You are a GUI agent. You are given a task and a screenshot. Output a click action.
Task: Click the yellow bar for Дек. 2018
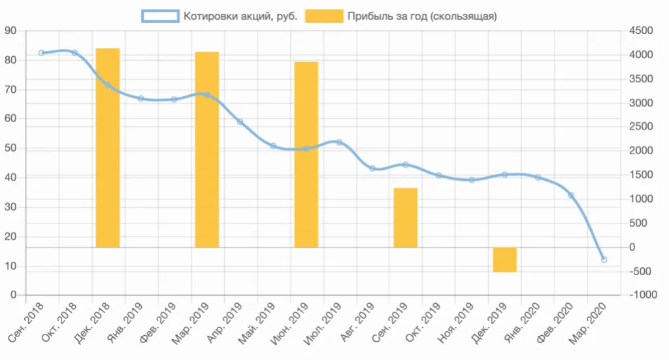point(108,148)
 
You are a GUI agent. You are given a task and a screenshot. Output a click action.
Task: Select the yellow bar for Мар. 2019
point(207,149)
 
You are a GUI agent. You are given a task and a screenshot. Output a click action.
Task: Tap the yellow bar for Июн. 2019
point(306,154)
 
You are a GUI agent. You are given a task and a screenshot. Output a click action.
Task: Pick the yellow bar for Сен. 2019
point(405,218)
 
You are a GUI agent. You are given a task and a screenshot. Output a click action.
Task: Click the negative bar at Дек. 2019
point(504,259)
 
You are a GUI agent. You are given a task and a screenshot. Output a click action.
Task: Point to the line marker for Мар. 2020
point(604,260)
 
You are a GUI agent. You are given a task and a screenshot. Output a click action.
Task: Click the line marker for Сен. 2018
point(41,53)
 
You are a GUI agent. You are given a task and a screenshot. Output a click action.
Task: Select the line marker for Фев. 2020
point(571,195)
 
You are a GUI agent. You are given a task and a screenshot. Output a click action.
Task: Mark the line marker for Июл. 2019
point(339,142)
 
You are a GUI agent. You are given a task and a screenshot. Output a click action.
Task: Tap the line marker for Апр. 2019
point(240,122)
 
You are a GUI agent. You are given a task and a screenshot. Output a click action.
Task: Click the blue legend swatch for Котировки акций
point(160,16)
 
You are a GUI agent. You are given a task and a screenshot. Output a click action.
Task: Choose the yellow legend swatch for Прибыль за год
point(324,16)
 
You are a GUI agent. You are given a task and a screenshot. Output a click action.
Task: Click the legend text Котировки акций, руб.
point(240,16)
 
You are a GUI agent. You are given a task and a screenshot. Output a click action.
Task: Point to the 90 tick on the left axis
point(10,31)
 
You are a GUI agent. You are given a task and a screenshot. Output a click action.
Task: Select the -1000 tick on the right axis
point(642,295)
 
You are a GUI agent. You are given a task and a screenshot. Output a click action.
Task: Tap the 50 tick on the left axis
point(10,148)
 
